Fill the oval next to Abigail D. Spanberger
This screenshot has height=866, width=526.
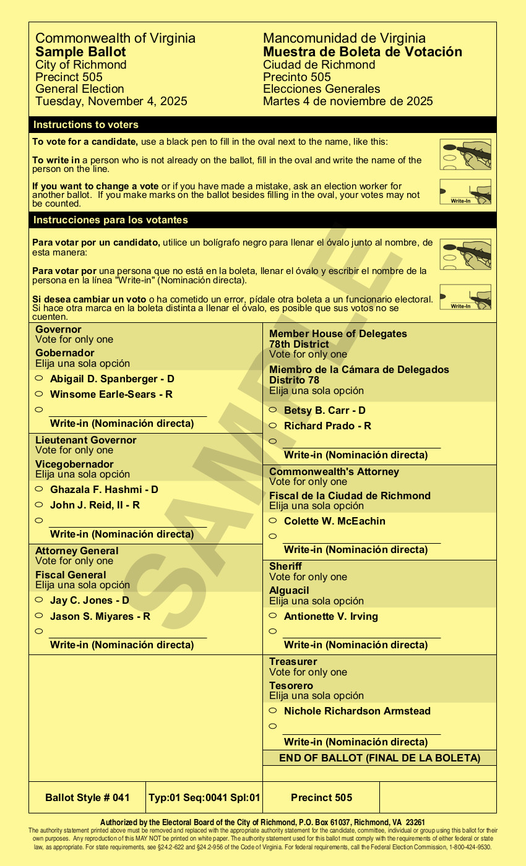point(38,378)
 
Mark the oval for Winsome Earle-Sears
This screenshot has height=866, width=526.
point(38,393)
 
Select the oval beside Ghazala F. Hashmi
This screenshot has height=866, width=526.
point(38,489)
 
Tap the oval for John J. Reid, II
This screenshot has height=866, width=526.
point(38,504)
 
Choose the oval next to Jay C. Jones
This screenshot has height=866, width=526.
point(38,599)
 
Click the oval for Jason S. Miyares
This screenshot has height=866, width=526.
point(38,615)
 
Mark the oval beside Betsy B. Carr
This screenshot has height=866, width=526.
point(272,409)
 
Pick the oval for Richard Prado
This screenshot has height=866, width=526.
point(272,425)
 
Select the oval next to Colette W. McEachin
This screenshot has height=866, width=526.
point(272,520)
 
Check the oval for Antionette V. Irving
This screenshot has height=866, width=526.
point(272,615)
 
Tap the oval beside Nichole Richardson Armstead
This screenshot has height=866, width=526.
point(272,710)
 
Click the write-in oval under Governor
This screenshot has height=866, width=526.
point(38,409)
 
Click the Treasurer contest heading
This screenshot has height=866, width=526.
point(293,662)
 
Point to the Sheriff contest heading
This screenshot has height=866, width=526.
point(285,567)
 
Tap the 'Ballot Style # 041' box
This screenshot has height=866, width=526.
point(87,797)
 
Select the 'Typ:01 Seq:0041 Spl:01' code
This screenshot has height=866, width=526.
point(204,797)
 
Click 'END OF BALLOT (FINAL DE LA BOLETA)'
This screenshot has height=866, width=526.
point(379,758)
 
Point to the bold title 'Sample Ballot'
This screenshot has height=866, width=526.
point(80,52)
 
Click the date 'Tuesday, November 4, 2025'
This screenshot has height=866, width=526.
point(111,101)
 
